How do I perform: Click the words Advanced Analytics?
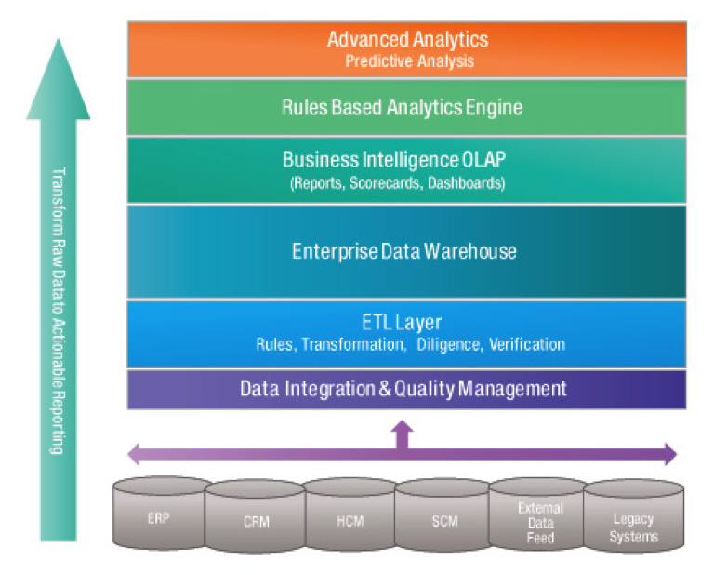pyautogui.click(x=407, y=40)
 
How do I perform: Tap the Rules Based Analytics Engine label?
pyautogui.click(x=402, y=108)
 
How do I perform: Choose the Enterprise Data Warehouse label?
pyautogui.click(x=403, y=251)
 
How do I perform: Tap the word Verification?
pyautogui.click(x=526, y=344)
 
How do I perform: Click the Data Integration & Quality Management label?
pyautogui.click(x=403, y=388)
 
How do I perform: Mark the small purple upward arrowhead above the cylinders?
pyautogui.click(x=402, y=427)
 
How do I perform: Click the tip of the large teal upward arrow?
pyautogui.click(x=59, y=43)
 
